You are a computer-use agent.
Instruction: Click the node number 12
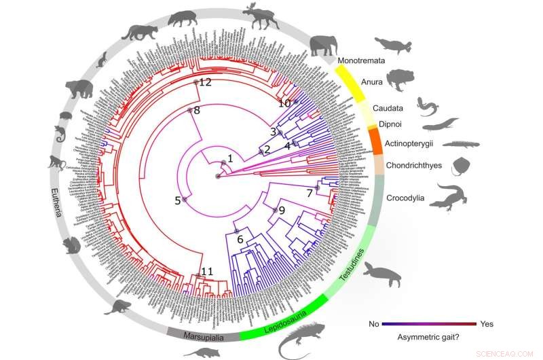point(204,82)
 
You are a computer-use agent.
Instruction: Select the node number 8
point(195,110)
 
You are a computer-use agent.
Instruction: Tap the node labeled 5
point(179,200)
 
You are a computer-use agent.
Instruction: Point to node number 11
point(206,272)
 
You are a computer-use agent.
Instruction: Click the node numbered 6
point(239,238)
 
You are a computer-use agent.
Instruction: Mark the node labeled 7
point(310,194)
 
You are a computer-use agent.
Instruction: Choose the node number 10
point(285,103)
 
